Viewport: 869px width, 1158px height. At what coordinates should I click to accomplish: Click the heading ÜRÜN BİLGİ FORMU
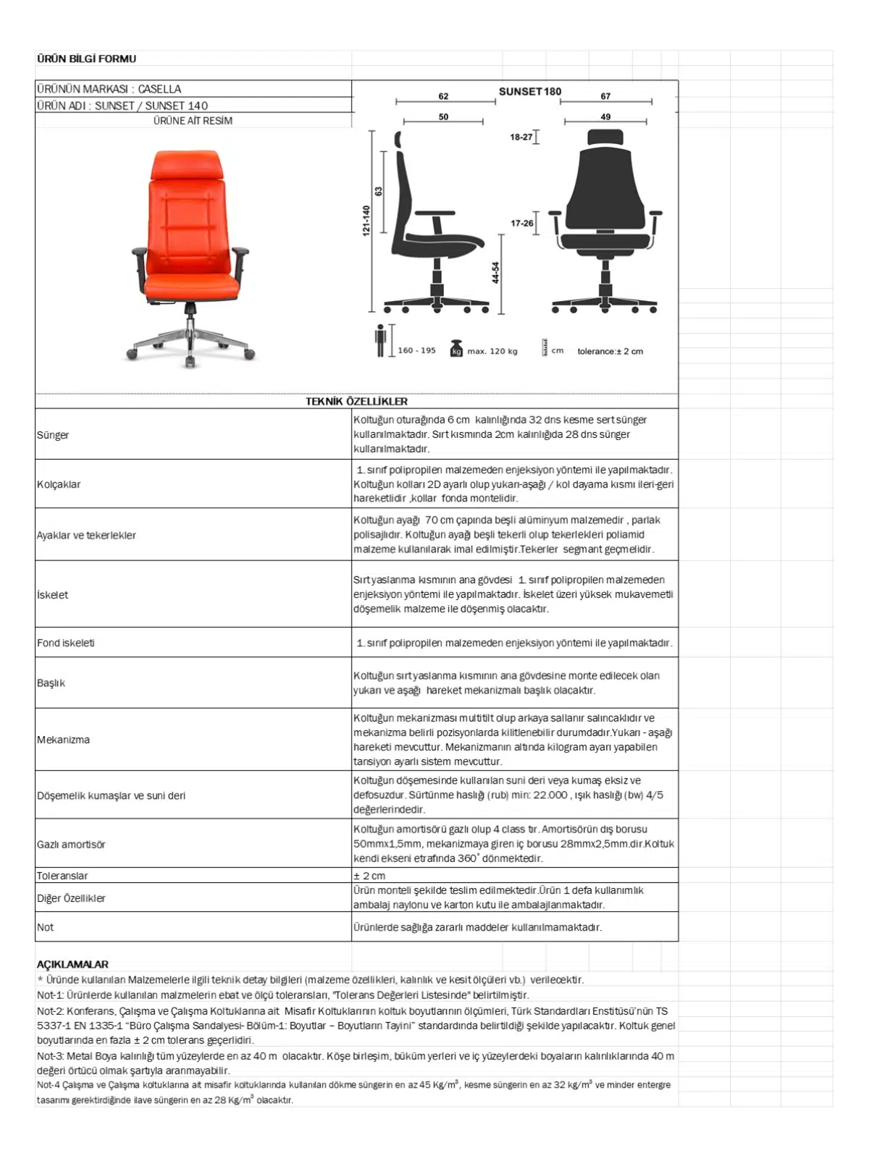[x=86, y=59]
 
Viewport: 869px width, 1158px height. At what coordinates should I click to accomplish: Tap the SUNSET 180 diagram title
[x=529, y=92]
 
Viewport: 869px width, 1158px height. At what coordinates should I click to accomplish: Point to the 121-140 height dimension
[x=366, y=220]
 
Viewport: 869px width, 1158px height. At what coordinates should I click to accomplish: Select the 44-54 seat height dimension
[x=495, y=273]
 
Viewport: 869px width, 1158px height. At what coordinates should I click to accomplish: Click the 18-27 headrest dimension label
[x=521, y=137]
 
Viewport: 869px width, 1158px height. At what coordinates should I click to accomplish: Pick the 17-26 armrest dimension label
[x=521, y=224]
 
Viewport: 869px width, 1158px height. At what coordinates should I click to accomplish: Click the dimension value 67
[x=605, y=96]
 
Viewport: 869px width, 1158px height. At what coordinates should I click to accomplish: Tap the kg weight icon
[x=456, y=348]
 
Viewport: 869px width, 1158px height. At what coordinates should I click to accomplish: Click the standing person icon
[x=380, y=341]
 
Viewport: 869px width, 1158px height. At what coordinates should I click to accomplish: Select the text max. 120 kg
[x=492, y=352]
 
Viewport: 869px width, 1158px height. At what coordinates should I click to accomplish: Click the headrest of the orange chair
[x=185, y=166]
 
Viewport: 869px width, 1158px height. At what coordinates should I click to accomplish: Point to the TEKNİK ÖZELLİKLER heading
[x=356, y=402]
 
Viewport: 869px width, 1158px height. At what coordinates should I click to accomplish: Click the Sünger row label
[x=53, y=435]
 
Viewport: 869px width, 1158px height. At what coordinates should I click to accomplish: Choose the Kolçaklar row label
[x=59, y=484]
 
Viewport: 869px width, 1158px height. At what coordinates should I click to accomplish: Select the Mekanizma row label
[x=64, y=740]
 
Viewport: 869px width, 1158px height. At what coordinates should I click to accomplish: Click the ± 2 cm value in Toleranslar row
[x=369, y=876]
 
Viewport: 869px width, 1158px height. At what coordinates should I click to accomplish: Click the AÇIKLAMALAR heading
[x=72, y=965]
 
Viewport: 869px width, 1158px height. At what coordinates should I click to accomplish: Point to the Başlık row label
[x=51, y=683]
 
